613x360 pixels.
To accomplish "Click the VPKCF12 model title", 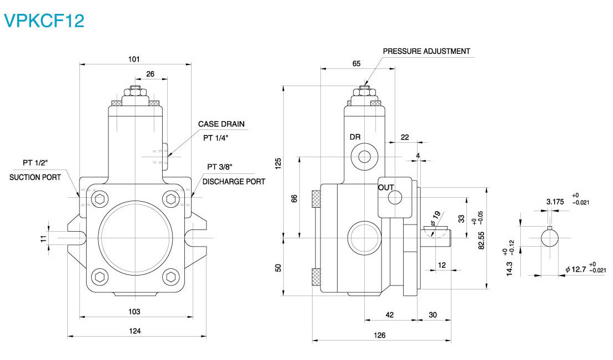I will point(44,21).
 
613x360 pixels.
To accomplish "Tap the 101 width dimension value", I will point(134,58).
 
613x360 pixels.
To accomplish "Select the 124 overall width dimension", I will point(135,331).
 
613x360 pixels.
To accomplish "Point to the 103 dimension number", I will point(134,311).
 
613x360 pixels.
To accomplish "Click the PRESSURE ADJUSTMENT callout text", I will point(426,51).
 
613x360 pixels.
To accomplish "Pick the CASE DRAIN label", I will point(221,124).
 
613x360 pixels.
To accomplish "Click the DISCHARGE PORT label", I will point(234,181).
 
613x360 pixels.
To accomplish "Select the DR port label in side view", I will point(355,137).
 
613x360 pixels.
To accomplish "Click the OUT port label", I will point(386,187).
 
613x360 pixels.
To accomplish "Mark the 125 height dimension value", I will point(279,163).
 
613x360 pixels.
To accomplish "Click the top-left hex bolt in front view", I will point(100,199).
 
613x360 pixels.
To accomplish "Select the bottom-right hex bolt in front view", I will point(170,276).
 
